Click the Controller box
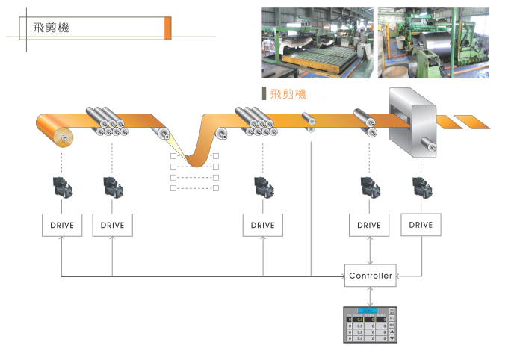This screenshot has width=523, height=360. pos(370,276)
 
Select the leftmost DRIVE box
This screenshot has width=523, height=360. pos(61,225)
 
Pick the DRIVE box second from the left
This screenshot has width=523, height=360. pos(112,225)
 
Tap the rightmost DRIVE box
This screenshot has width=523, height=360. pos(421,225)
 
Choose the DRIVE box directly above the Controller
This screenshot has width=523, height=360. pos(369,225)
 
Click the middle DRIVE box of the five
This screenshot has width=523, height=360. pos(263,225)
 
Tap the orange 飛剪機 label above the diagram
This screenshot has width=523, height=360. pos(288,95)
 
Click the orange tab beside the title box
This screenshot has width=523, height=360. pos(168,28)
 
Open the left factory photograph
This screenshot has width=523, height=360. pos(317,43)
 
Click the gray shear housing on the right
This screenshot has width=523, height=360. pos(412,120)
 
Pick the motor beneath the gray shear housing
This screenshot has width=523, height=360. pos(421,186)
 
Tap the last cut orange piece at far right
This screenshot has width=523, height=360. pos(472,121)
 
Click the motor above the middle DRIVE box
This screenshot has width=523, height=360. pos(263,186)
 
